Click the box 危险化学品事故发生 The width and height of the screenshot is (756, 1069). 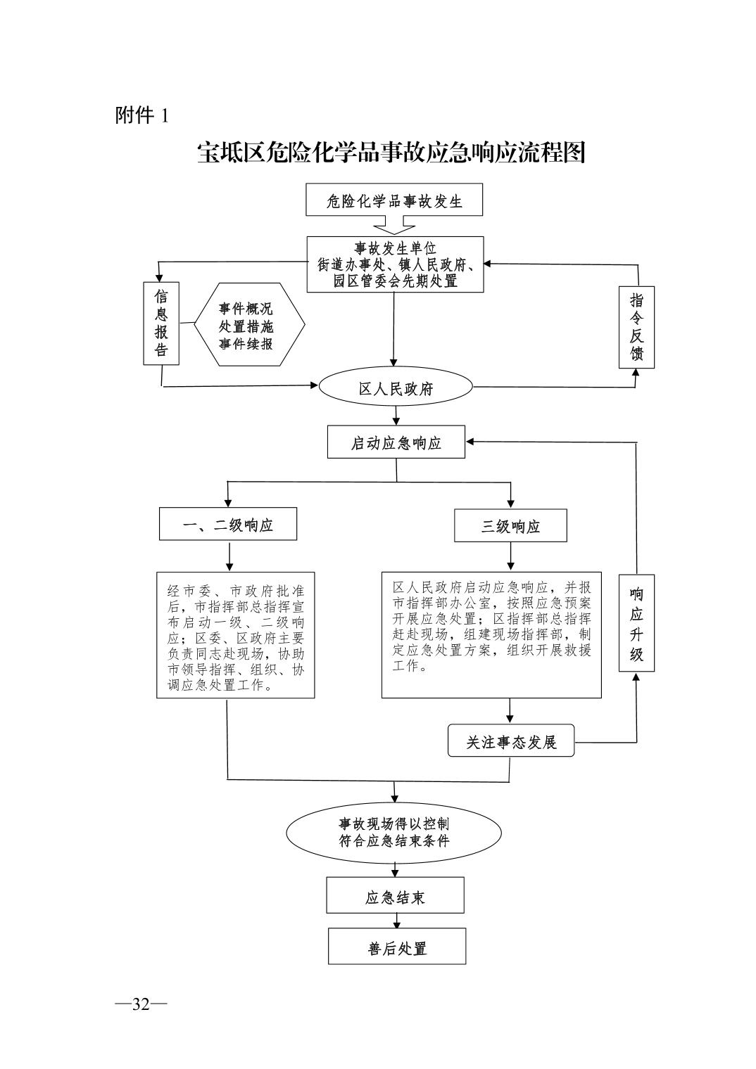pyautogui.click(x=394, y=200)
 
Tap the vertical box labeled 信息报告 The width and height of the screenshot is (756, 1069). pyautogui.click(x=161, y=324)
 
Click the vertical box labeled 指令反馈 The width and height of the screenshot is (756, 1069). pyautogui.click(x=636, y=327)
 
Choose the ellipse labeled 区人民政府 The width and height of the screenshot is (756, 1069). pyautogui.click(x=396, y=388)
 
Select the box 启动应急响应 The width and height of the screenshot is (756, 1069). pyautogui.click(x=396, y=443)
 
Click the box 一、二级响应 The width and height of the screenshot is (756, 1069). pyautogui.click(x=227, y=525)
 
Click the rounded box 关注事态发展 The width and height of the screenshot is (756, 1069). pyautogui.click(x=511, y=742)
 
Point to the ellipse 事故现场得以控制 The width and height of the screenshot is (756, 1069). pyautogui.click(x=394, y=832)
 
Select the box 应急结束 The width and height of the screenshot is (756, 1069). pyautogui.click(x=395, y=897)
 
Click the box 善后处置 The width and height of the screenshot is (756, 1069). pyautogui.click(x=397, y=948)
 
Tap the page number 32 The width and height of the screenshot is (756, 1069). pyautogui.click(x=141, y=1004)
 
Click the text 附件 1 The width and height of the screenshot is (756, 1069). pyautogui.click(x=141, y=115)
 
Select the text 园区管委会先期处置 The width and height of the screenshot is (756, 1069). pyautogui.click(x=395, y=281)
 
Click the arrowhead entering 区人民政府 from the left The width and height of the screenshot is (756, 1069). pyautogui.click(x=314, y=385)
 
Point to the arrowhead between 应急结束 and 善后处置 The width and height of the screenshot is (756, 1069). pyautogui.click(x=397, y=923)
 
